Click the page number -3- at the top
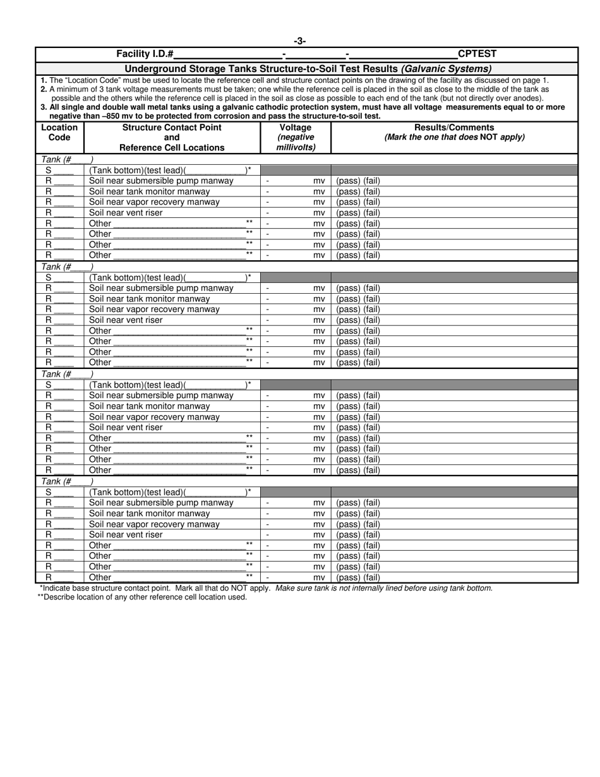coord(300,42)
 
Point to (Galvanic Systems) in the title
coord(446,69)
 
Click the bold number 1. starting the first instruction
coord(43,80)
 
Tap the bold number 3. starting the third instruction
coord(43,107)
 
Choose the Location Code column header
coord(59,132)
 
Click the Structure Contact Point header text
coord(172,127)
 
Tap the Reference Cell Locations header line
coord(172,148)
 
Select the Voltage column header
coord(296,127)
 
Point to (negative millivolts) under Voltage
coord(296,142)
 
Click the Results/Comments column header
coord(453,127)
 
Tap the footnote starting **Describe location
coord(142,597)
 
